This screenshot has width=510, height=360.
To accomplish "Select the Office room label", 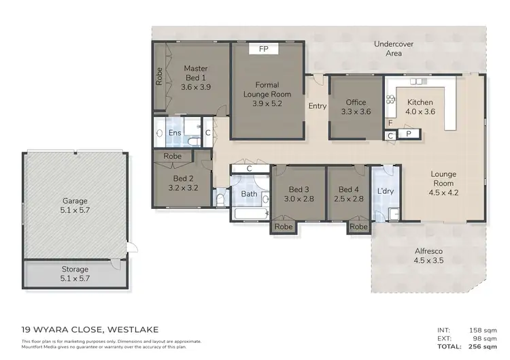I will pos(356,107).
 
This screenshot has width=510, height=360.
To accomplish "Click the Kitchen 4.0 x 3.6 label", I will pos(420,107).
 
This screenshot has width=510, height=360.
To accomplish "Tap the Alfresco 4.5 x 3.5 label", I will pos(428,255).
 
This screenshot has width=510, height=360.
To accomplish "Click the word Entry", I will pos(318,106).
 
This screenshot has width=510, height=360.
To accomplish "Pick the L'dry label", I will pos(385,191).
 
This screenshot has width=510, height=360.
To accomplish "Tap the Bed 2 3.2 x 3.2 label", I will pos(182,183).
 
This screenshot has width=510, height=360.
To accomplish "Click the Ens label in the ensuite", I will pos(175,133).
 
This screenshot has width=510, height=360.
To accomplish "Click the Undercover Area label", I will pos(394,48).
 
